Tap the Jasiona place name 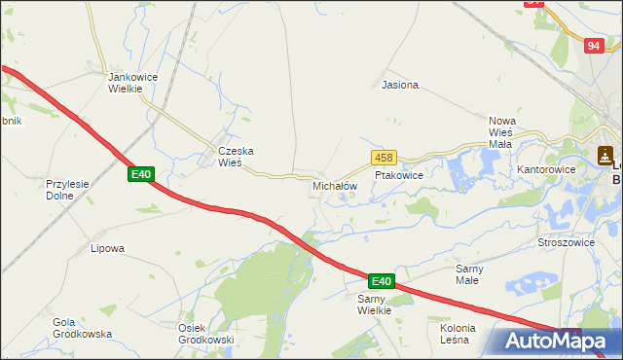coord(400,85)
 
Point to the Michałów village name coord(335,185)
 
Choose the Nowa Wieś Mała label coord(499,132)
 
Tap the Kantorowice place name coord(547,169)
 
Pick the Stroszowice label coord(566,242)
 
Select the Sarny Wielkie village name coord(374,305)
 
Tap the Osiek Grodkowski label coord(205,334)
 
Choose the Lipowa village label coord(107,248)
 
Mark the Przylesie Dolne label coord(67,188)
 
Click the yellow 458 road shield coord(383,158)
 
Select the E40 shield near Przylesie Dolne coord(141,174)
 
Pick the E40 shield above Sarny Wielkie coord(382,281)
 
